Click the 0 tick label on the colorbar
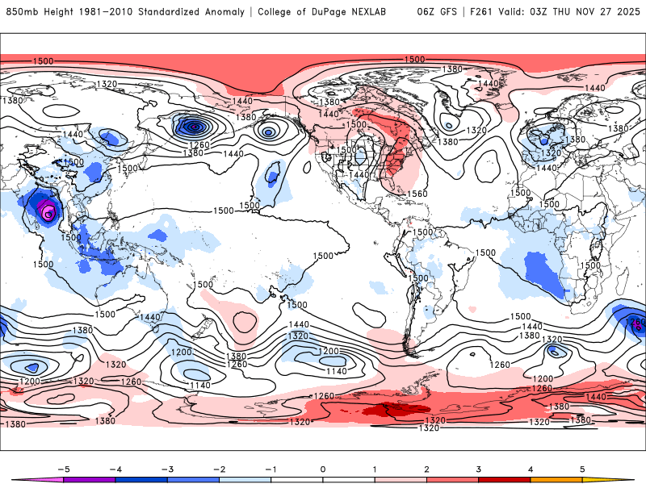[323, 468]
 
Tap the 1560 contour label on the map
[417, 194]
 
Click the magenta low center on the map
[48, 213]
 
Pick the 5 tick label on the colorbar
[581, 468]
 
